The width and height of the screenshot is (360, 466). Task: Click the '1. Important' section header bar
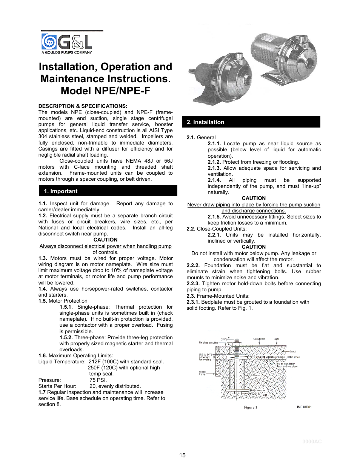click(108, 191)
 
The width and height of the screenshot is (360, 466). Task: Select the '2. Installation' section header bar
click(251, 122)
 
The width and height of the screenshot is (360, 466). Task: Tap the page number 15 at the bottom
click(182, 455)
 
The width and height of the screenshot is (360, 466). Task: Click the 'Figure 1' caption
click(251, 407)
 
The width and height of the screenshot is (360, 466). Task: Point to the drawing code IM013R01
click(304, 407)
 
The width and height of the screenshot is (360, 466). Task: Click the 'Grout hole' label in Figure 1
click(259, 339)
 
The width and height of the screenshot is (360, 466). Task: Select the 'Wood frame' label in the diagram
click(202, 373)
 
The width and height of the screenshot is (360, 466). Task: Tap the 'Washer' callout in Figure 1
click(261, 391)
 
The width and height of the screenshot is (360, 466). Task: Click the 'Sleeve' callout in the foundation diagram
click(256, 375)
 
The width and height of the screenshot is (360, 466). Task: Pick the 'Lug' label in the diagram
click(265, 395)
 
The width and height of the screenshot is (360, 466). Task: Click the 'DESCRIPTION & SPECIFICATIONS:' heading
click(83, 106)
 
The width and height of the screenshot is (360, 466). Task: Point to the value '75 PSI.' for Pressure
click(98, 380)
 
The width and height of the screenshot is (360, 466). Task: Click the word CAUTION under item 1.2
click(105, 240)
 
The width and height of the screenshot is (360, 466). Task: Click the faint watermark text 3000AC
click(312, 441)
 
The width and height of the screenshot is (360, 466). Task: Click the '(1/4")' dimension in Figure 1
click(223, 340)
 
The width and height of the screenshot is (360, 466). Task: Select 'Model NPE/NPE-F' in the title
click(105, 91)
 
